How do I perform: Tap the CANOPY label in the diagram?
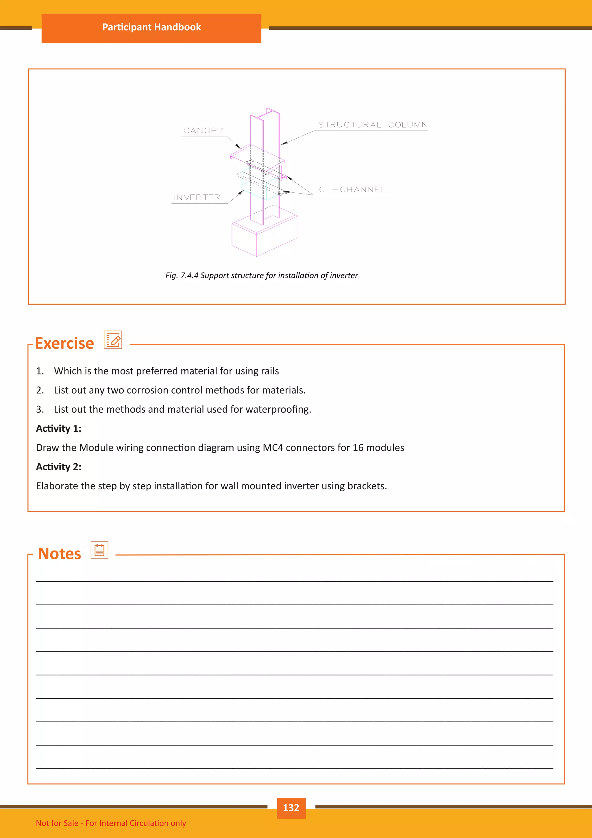coord(203,131)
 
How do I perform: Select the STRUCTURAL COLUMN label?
coord(373,125)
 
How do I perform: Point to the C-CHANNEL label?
coord(352,190)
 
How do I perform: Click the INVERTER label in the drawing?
coord(197,197)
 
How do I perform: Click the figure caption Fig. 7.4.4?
coord(261,275)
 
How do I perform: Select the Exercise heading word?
coord(64,343)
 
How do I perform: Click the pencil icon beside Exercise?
coord(113,340)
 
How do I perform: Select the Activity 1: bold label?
coord(59,429)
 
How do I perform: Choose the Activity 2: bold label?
coord(59,467)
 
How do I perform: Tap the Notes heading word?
coord(60,554)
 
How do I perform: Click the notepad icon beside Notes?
coord(99,550)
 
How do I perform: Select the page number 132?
coord(291,807)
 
